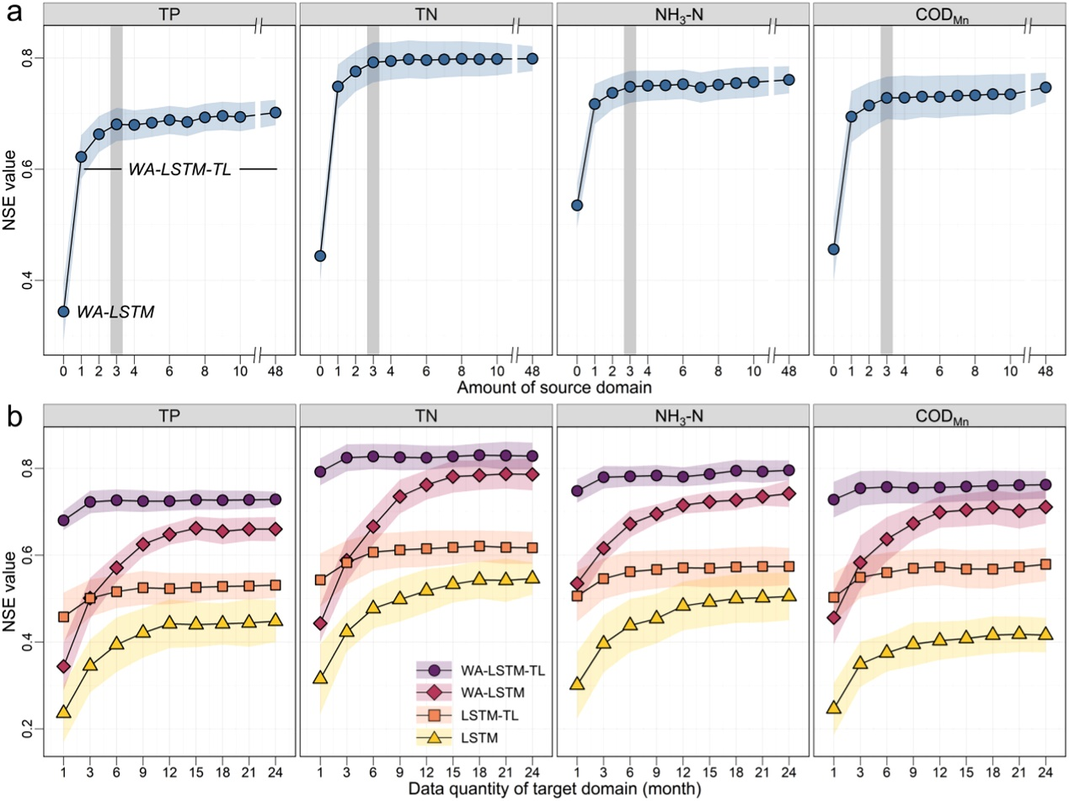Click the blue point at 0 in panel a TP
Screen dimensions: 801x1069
point(63,312)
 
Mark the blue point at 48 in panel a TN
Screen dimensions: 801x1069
point(532,58)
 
